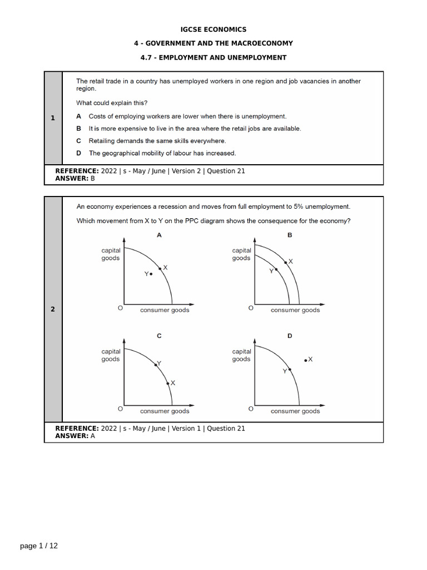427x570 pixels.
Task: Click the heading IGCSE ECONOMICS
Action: [x=213, y=30]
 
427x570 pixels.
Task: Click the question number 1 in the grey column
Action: [x=53, y=117]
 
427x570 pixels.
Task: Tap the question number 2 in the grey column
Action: [x=53, y=309]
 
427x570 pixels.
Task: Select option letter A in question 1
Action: [x=78, y=116]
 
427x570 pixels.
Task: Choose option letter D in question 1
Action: [x=78, y=153]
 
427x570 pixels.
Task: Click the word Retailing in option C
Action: [x=102, y=141]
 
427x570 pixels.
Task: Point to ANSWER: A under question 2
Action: [x=75, y=436]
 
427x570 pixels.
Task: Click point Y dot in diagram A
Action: [x=151, y=274]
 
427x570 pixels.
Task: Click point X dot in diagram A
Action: [x=160, y=269]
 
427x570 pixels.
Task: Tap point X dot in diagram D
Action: [x=305, y=361]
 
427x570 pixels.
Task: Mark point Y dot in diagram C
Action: [x=155, y=365]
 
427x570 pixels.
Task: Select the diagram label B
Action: [x=290, y=235]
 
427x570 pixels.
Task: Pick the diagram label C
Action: [x=159, y=336]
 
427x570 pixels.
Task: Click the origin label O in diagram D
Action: [x=251, y=409]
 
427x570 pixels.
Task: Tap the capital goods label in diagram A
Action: [x=111, y=254]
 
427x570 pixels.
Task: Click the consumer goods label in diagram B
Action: [x=295, y=310]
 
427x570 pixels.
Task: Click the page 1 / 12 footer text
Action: [x=39, y=546]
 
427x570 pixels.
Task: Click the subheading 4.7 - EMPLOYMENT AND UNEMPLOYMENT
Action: [x=213, y=57]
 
